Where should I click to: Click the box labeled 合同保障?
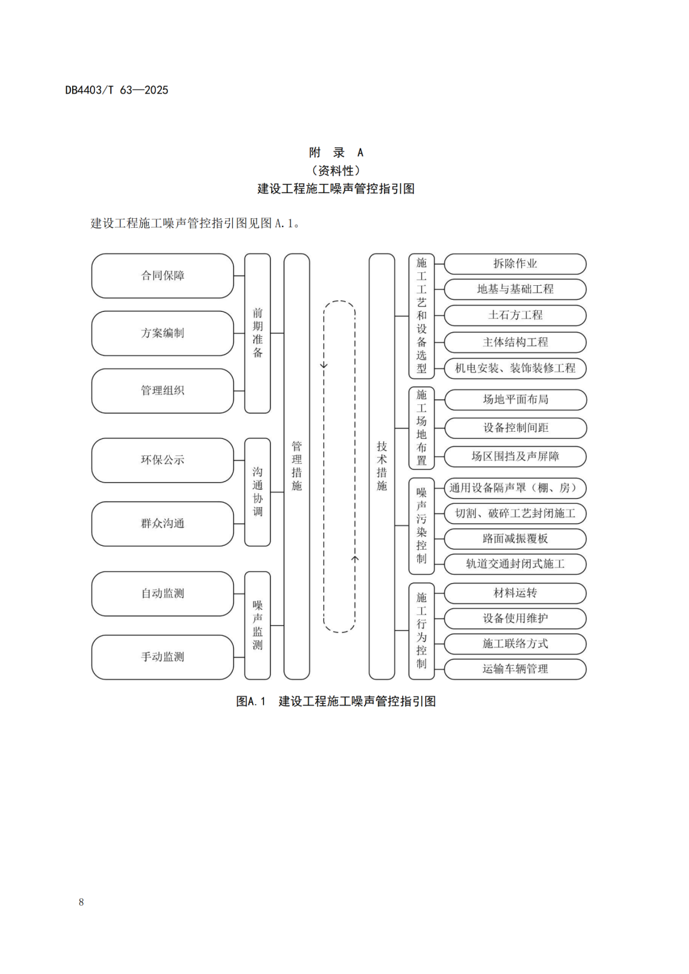[x=163, y=276]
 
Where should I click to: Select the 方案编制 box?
[x=163, y=333]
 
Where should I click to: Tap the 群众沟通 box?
[x=163, y=524]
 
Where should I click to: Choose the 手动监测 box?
[x=163, y=657]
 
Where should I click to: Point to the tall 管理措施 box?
[x=297, y=466]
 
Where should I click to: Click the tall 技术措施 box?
[x=382, y=466]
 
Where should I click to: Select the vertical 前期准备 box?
[x=258, y=333]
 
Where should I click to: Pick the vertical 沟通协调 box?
[x=258, y=492]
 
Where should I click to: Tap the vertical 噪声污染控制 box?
[x=422, y=526]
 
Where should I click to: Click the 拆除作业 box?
[x=515, y=263]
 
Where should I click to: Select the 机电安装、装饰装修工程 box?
[x=515, y=368]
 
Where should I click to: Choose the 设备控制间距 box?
[x=515, y=428]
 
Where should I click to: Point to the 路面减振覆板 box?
[x=515, y=539]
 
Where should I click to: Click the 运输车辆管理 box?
[x=515, y=669]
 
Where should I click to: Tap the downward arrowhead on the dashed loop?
[x=324, y=365]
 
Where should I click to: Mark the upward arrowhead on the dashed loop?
[x=355, y=559]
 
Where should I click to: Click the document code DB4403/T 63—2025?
[x=117, y=90]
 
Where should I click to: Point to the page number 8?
[x=81, y=902]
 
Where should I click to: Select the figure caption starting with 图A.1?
[x=336, y=701]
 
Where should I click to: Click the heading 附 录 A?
[x=336, y=152]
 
